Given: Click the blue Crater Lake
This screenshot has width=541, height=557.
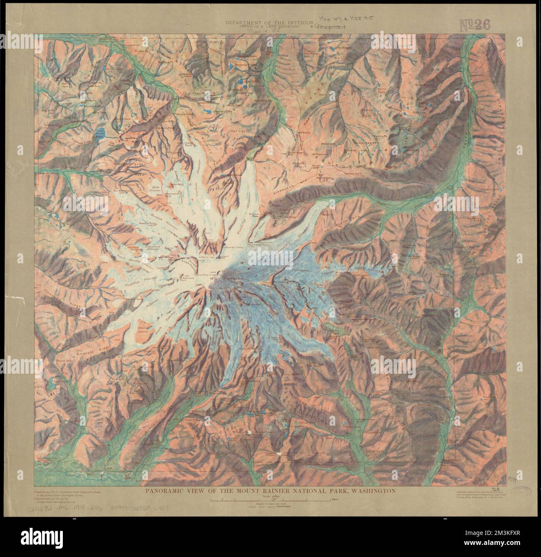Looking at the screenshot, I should tap(99, 134).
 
